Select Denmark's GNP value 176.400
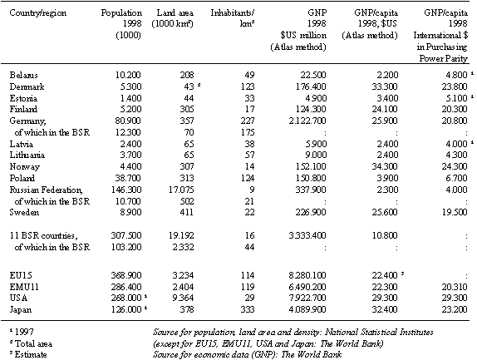click(311, 86)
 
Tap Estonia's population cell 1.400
click(131, 98)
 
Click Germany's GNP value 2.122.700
click(307, 121)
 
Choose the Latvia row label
click(22, 144)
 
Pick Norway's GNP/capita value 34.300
click(385, 166)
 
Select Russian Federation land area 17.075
click(181, 190)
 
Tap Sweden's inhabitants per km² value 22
click(249, 212)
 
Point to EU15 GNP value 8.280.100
click(307, 275)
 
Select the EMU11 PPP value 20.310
click(455, 287)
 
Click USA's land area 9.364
click(183, 298)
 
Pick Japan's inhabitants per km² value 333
click(247, 309)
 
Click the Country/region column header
click(38, 12)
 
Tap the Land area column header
click(173, 18)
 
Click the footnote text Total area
click(33, 343)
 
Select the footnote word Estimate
click(31, 354)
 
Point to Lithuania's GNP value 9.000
click(316, 155)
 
